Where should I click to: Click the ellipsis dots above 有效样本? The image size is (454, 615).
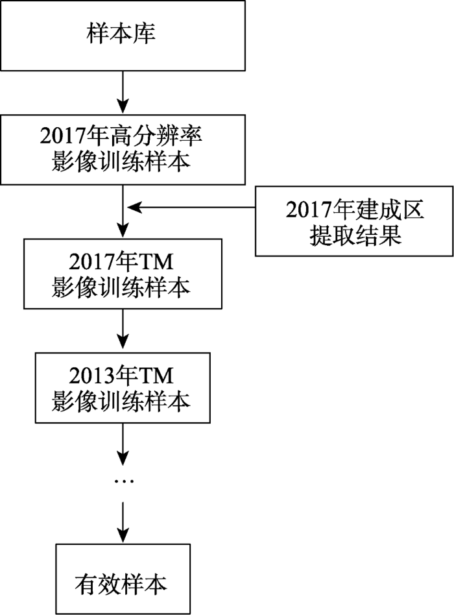click(x=122, y=481)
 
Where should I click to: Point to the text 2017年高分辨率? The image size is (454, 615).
click(x=121, y=136)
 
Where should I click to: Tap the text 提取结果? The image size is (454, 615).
click(x=355, y=235)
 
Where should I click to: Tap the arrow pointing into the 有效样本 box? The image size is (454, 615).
click(x=122, y=522)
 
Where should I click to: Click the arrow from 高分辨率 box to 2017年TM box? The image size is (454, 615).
click(x=122, y=211)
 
